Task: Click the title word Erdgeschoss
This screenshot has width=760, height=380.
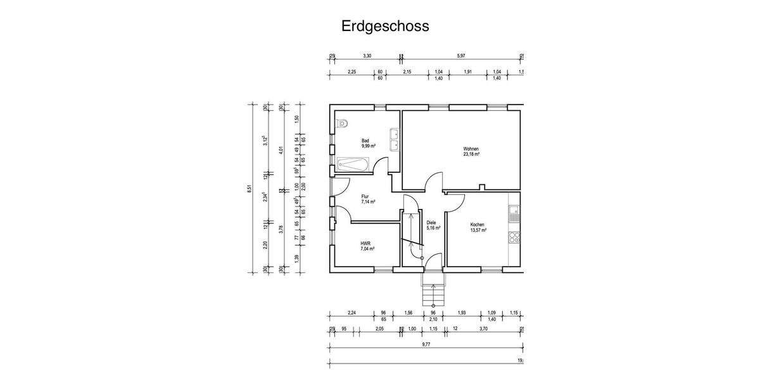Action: [x=385, y=26]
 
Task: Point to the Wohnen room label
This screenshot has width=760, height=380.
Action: [x=471, y=149]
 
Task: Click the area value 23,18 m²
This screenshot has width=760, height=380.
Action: [x=471, y=155]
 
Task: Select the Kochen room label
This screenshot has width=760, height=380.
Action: [x=478, y=225]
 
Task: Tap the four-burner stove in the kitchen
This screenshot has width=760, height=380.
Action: [x=515, y=238]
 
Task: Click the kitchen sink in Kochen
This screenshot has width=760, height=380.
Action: [x=515, y=213]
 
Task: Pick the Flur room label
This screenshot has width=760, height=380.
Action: [x=365, y=196]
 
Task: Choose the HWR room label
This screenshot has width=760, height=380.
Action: [x=365, y=244]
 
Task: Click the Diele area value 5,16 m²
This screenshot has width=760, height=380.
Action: [x=433, y=227]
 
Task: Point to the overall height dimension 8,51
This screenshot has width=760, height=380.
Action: [x=250, y=188]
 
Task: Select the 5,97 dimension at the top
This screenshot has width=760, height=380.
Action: [x=460, y=56]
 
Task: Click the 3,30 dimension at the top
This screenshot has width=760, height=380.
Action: [x=366, y=56]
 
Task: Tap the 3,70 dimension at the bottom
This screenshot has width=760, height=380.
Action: [x=483, y=329]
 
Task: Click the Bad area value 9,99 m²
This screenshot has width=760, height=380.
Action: [x=368, y=146]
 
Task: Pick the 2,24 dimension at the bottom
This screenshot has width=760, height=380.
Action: [x=351, y=313]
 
